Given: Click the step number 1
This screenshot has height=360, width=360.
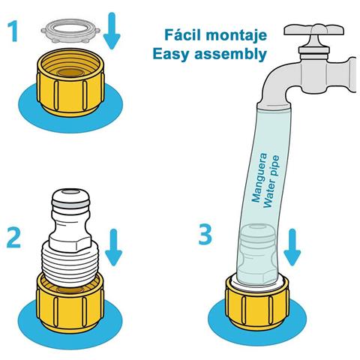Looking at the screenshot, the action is pos(13,31).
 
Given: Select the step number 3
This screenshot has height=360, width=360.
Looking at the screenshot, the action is pos(205,233).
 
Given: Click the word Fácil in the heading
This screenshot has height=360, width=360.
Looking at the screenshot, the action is pos(183,34).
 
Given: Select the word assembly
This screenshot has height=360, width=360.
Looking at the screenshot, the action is pos(231,53).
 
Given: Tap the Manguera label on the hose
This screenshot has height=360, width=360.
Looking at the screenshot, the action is pos(259,178).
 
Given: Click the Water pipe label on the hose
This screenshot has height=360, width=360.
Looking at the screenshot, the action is pos(271,181).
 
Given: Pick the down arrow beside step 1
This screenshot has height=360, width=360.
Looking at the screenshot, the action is pos(112,31).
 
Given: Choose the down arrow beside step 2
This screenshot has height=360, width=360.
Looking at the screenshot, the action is pos(113,247).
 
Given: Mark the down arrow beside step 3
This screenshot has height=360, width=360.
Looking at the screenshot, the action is pos(292,247).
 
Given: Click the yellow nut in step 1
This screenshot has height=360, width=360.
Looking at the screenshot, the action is pos(70,82).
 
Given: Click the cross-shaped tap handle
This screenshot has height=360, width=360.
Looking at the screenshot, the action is pos(314,30).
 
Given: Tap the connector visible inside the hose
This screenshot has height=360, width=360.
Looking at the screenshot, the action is pos(257,253).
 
